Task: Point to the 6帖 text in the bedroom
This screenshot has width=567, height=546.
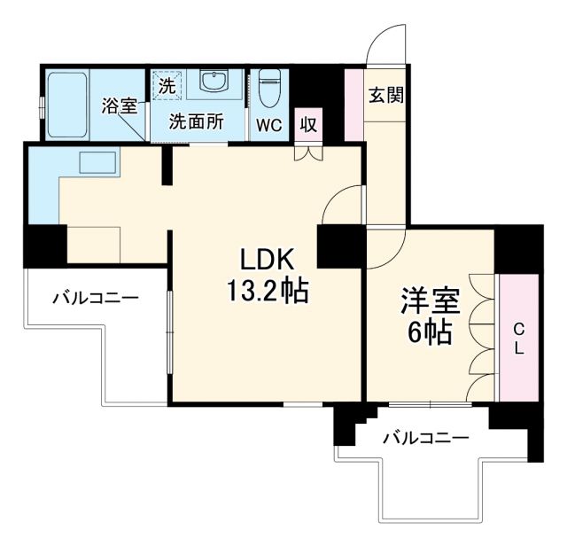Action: coord(430,333)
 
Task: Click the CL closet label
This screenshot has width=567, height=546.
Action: coord(518,339)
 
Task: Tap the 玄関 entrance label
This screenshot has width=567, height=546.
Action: coord(387,94)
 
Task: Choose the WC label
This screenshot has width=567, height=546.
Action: coord(269,125)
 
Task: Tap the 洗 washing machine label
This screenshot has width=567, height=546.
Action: coord(166,87)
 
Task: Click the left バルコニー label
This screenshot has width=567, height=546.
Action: coord(95,298)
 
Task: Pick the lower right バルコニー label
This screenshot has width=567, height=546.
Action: coord(425,438)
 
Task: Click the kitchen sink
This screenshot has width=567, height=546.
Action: coord(97,163)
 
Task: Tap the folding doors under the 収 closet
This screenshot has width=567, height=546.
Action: coord(307,152)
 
